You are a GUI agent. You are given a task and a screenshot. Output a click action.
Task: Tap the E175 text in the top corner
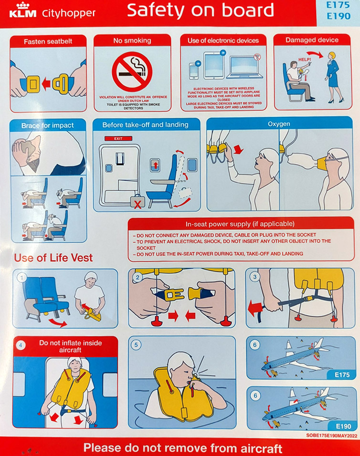[338, 5]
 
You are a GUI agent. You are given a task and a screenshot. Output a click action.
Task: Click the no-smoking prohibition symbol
[132, 72]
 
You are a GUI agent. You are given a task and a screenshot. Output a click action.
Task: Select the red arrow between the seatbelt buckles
[46, 84]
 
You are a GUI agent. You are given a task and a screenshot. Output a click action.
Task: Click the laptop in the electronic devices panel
[244, 67]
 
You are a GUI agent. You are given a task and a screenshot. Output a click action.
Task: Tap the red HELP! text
[305, 60]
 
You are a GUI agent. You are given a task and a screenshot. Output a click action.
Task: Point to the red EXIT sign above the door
[118, 138]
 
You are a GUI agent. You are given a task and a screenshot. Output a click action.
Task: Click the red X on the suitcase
[138, 205]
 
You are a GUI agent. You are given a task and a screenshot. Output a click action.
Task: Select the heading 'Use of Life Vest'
[53, 258]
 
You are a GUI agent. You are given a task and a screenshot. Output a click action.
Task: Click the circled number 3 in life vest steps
[254, 277]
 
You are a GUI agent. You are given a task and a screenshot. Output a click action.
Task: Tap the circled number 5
[136, 345]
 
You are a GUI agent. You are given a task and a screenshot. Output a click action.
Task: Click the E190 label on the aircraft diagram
[343, 426]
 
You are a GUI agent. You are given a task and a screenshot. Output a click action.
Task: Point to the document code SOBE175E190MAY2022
[331, 435]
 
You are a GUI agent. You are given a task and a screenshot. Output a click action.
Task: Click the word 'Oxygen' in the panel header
[279, 124]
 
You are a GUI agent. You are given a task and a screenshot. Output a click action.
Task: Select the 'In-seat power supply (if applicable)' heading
[240, 224]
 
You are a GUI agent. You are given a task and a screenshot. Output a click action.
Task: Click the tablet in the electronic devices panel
[214, 65]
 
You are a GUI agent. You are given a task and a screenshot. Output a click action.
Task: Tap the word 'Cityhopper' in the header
[69, 13]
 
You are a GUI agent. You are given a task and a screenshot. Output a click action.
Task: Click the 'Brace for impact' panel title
[47, 125]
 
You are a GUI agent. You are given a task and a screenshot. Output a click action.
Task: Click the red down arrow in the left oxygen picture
[238, 149]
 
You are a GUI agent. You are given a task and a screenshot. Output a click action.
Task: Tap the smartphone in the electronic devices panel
[194, 71]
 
